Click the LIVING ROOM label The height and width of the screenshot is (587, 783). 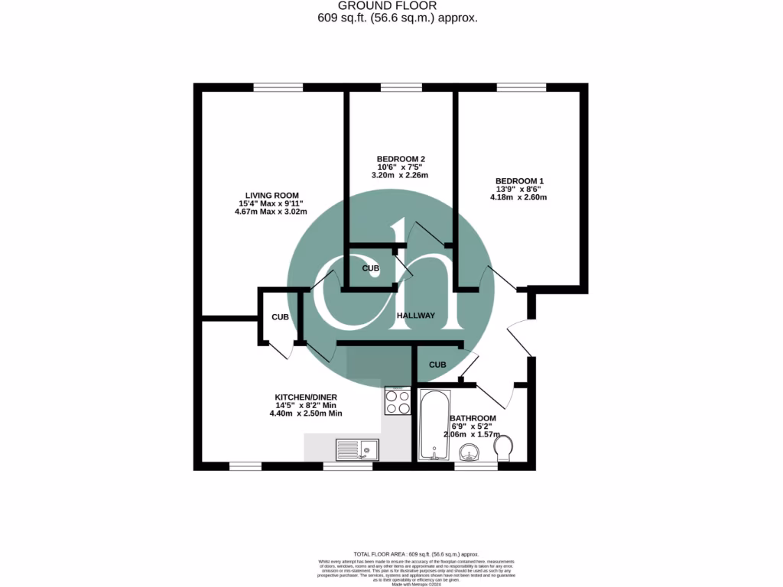(271, 195)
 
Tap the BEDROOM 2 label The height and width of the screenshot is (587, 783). (400, 158)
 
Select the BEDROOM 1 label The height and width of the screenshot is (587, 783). (518, 180)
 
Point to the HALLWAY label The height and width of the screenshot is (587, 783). (415, 316)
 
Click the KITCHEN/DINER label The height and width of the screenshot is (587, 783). (305, 397)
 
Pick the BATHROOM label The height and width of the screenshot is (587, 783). (473, 418)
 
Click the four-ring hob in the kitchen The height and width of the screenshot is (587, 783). (398, 401)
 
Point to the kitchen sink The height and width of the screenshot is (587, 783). (358, 449)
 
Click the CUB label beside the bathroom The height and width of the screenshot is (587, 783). (437, 365)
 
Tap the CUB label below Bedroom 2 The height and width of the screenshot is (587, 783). (371, 268)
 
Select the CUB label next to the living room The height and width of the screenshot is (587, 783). (280, 316)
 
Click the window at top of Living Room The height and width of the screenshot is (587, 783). (273, 87)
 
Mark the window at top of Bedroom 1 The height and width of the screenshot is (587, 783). (521, 87)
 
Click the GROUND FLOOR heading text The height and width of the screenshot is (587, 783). (398, 6)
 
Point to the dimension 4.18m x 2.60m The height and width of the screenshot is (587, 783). (518, 197)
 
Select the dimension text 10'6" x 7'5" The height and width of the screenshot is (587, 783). (400, 167)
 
